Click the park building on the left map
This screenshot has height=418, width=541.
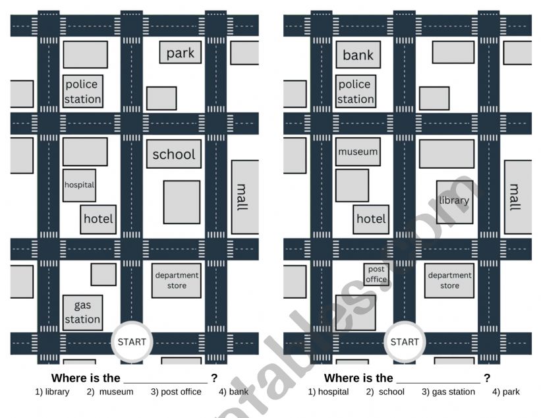[x=180, y=53]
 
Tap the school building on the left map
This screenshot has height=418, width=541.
[x=174, y=154]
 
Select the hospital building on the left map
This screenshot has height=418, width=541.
[x=79, y=185]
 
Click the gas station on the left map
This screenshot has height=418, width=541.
[x=83, y=313]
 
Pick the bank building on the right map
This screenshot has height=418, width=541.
[x=358, y=55]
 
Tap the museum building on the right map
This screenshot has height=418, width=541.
[x=358, y=152]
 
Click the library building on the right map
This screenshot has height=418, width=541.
[x=455, y=202]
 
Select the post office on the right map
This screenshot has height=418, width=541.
[x=376, y=274]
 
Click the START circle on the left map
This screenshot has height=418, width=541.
[x=132, y=342]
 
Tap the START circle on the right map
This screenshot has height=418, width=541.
[x=405, y=342]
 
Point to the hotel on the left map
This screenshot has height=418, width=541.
[x=98, y=220]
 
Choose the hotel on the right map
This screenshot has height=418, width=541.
[x=371, y=220]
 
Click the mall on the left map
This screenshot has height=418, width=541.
[x=245, y=197]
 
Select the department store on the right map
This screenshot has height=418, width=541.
[x=449, y=281]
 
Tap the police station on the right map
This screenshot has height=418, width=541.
[x=356, y=91]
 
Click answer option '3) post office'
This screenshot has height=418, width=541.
[x=176, y=392]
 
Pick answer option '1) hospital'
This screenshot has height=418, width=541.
[x=328, y=392]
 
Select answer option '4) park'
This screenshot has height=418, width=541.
[x=506, y=392]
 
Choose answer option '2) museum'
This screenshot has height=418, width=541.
[x=110, y=392]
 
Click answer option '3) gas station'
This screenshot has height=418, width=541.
[x=448, y=392]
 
